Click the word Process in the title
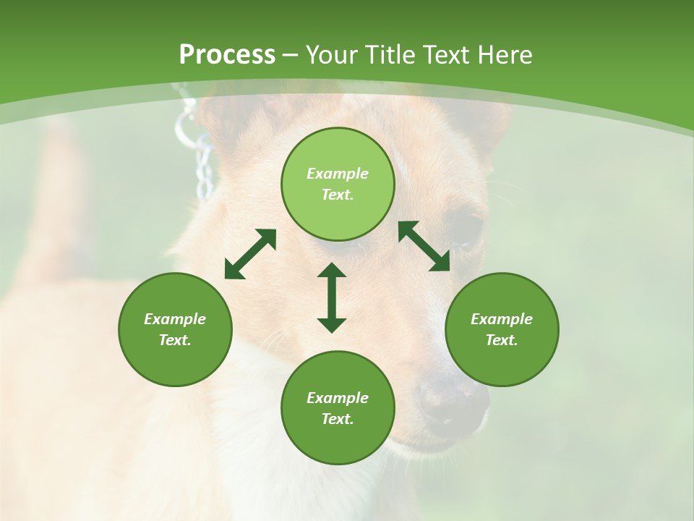[x=227, y=55]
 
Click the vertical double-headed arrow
[x=332, y=297]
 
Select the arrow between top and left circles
[x=250, y=254]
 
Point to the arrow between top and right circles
[x=424, y=246]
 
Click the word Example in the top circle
[x=338, y=174]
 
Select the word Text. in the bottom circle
[x=338, y=419]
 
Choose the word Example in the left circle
[x=175, y=319]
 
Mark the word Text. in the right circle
[x=502, y=340]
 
